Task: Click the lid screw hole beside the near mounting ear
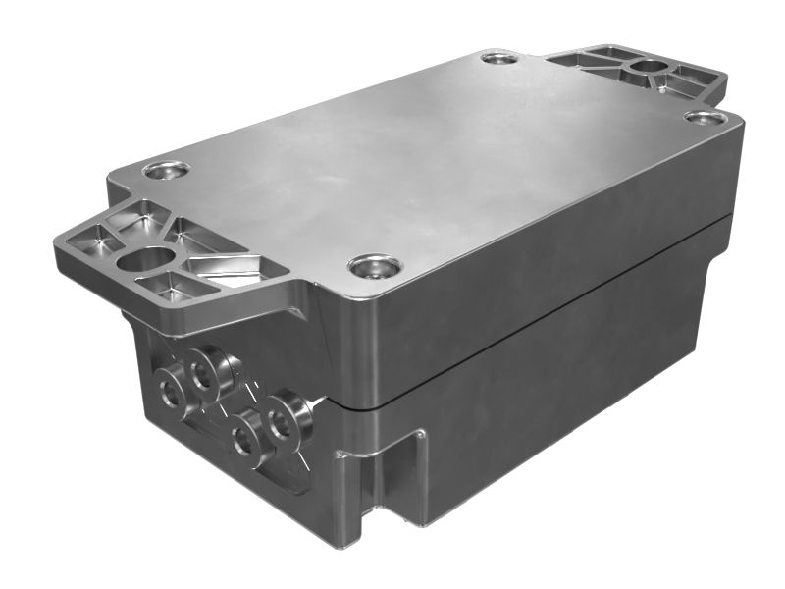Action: [x=166, y=170]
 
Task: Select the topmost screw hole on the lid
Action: [x=499, y=59]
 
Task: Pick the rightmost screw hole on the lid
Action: [x=706, y=118]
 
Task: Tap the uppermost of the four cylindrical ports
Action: [x=208, y=369]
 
